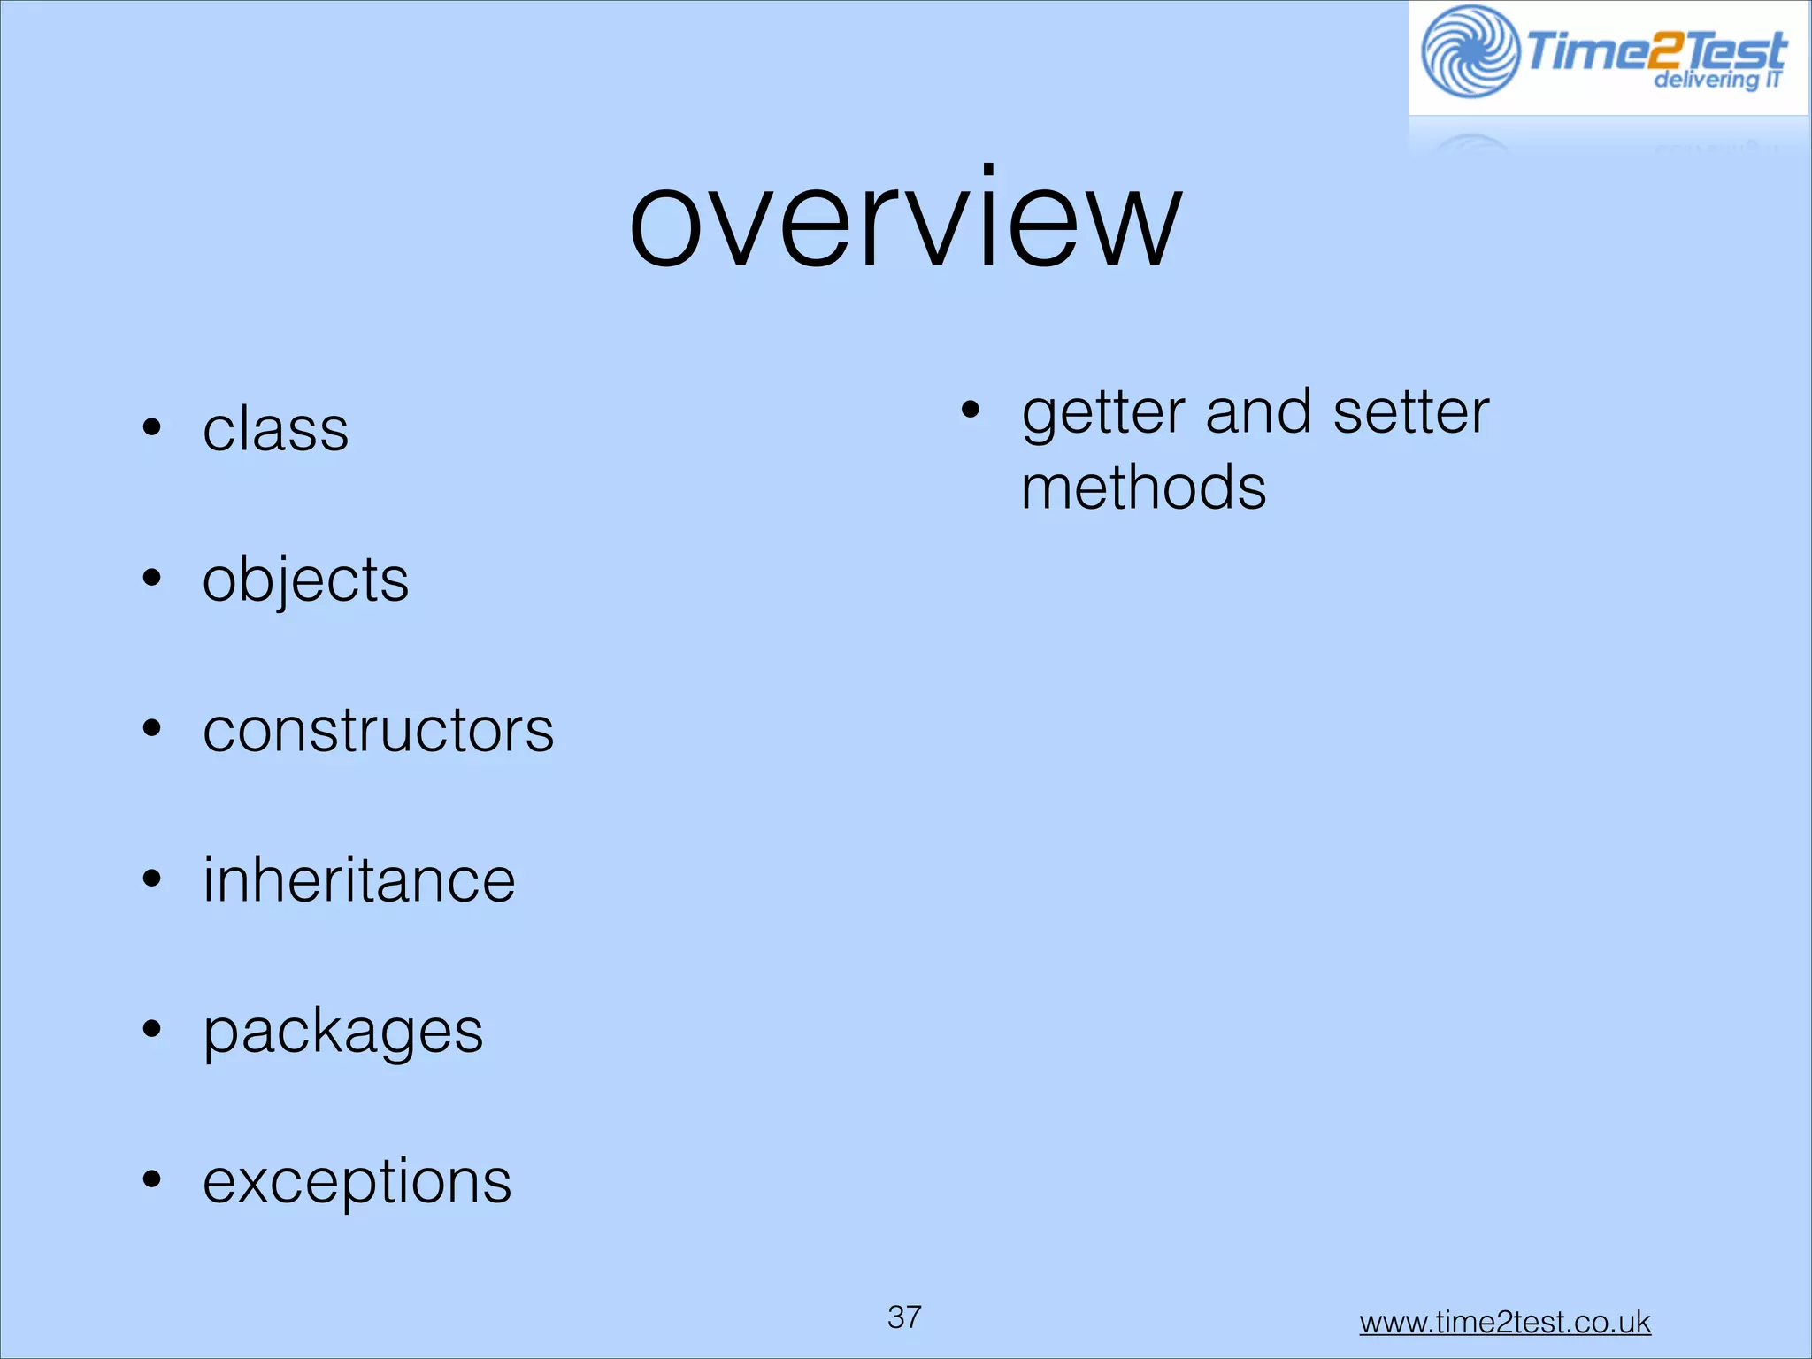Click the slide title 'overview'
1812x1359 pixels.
click(904, 221)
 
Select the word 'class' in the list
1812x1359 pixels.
click(275, 431)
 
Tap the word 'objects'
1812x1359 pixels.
click(305, 581)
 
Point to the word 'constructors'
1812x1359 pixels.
click(378, 731)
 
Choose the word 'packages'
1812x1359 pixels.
click(342, 1032)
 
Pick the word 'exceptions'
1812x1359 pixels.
click(357, 1181)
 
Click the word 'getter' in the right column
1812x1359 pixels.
click(1102, 414)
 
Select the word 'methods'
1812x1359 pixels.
click(1143, 488)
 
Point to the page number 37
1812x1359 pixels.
click(904, 1317)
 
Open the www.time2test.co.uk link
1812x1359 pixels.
click(1504, 1323)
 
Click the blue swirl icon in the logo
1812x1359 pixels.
click(1470, 51)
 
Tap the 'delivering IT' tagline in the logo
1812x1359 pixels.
click(1716, 81)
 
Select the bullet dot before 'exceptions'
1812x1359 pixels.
click(152, 1179)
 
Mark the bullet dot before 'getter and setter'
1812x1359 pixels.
click(971, 411)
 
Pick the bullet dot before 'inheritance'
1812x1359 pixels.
click(152, 879)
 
